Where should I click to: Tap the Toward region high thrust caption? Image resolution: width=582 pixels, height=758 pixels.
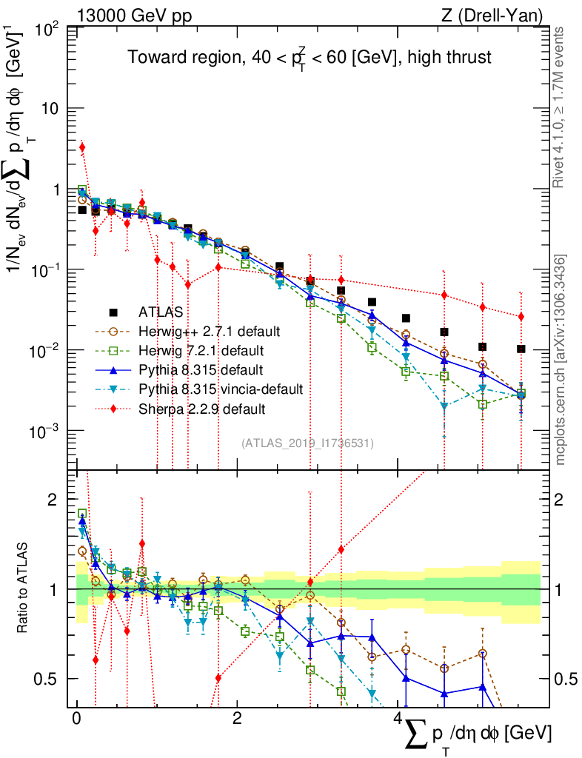[309, 58]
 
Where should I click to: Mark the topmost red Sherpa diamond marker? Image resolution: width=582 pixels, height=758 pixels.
[82, 147]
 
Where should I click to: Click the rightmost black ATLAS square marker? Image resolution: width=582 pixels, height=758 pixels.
[521, 349]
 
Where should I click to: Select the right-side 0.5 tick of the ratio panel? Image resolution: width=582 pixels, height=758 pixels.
[565, 679]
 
